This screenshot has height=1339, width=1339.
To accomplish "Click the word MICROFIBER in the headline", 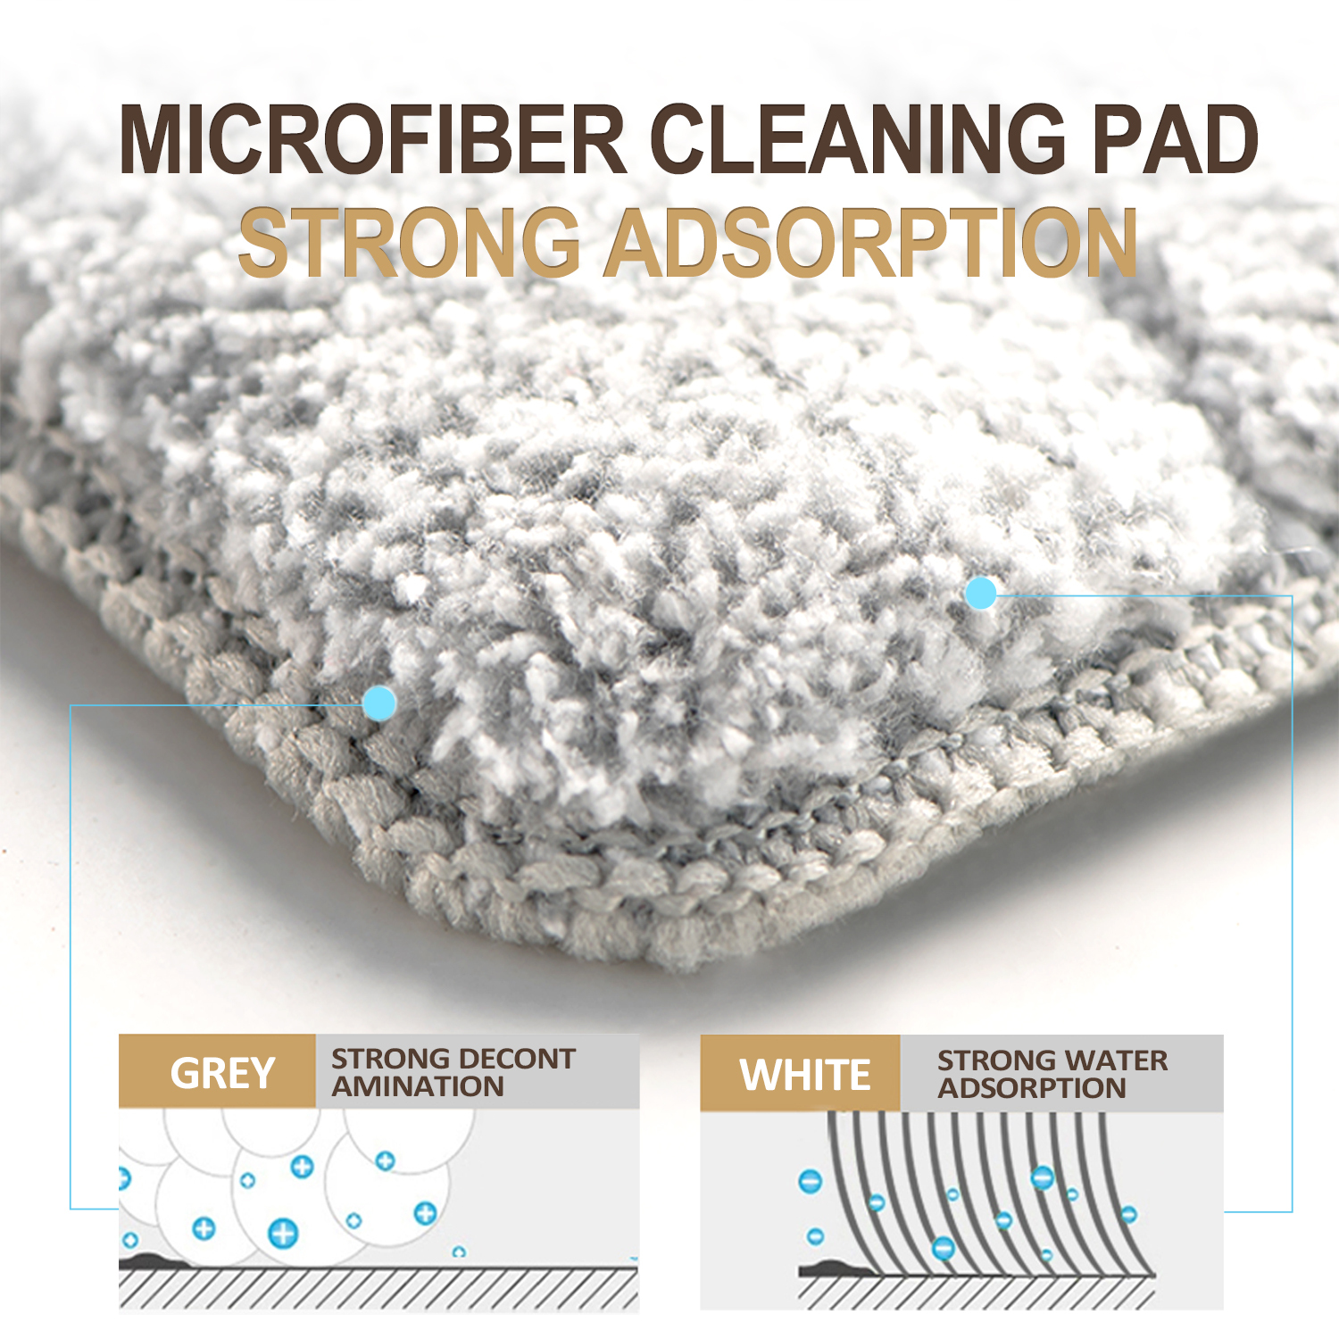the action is pos(373,139).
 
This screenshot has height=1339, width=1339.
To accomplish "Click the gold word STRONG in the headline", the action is pos(410,242).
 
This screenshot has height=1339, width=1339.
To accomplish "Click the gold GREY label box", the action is pos(217,1071).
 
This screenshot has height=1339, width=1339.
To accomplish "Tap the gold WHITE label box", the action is pos(800,1073).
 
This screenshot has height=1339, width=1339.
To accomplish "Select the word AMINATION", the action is pos(418,1086).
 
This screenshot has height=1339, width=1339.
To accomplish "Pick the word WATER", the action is pos(1112,1060).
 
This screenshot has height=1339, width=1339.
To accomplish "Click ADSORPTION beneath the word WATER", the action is pos(1032,1088).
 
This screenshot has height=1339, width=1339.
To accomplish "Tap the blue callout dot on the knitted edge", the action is pos(380,703).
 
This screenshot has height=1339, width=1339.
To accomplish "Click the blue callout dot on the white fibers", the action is pos(981,593).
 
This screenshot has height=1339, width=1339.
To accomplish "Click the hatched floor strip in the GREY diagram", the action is pos(378,1287).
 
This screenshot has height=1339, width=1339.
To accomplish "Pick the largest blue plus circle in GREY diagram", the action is pos(283,1234).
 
